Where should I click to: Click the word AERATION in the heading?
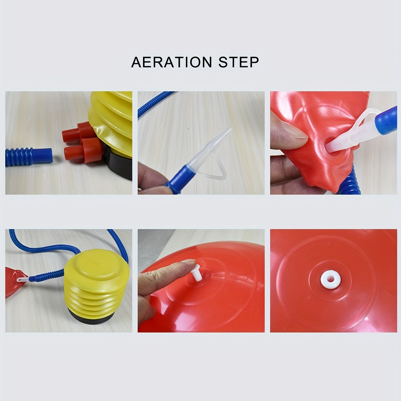tap(171, 62)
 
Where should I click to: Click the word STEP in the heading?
tap(239, 62)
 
